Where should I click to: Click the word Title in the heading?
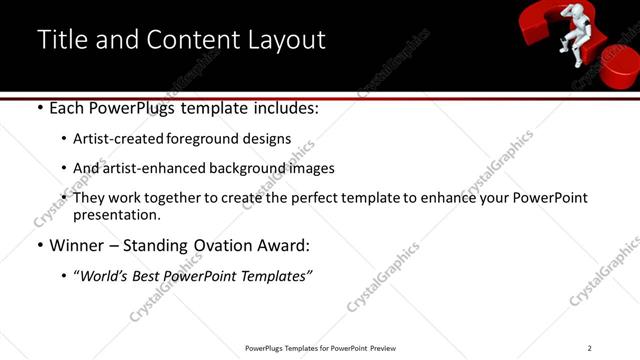coord(61,39)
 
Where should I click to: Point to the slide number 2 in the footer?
coord(590,348)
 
